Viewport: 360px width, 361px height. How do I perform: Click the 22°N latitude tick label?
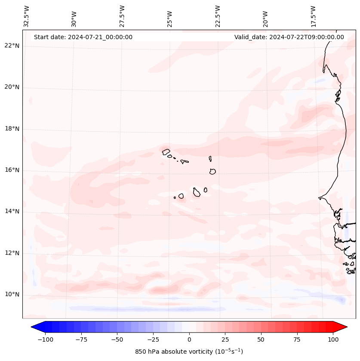pos(12,46)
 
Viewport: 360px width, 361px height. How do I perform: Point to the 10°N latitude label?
pos(12,295)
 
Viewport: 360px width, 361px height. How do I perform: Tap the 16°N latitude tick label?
pos(12,170)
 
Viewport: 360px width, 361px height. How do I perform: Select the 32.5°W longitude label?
pos(27,16)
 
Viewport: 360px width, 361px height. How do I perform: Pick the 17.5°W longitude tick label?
pos(313,16)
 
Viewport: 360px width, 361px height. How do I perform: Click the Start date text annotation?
pos(83,37)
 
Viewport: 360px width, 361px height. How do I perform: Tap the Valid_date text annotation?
pos(289,37)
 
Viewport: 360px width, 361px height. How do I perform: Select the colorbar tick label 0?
pos(189,339)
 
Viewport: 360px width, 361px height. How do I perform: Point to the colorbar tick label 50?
pos(261,339)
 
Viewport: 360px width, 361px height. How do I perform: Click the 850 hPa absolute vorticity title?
pos(189,352)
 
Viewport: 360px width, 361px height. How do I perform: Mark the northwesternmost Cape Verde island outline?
pos(166,151)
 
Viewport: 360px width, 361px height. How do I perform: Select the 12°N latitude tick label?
pos(12,253)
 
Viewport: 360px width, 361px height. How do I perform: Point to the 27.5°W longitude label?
pos(123,16)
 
